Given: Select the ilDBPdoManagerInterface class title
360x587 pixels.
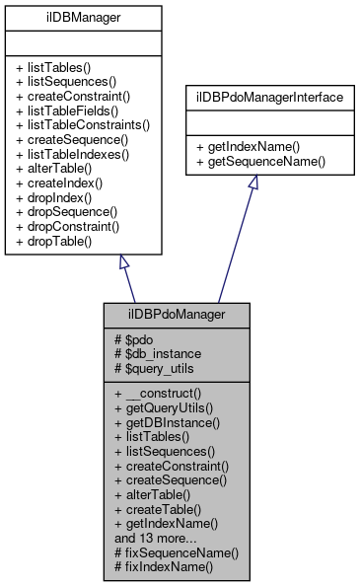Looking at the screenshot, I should pos(259,98).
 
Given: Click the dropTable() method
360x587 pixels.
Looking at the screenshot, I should pos(59,243).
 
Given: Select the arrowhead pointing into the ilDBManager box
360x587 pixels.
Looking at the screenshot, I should pos(124,262).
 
